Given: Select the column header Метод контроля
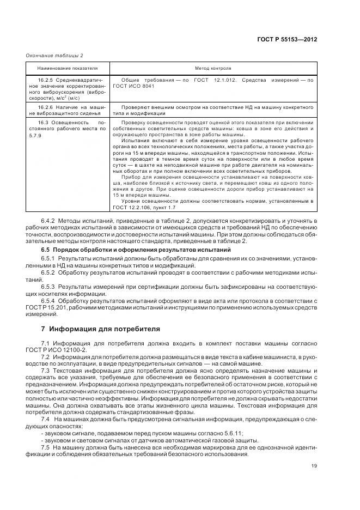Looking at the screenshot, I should point(213,69).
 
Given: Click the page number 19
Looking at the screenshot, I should point(314,465).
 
